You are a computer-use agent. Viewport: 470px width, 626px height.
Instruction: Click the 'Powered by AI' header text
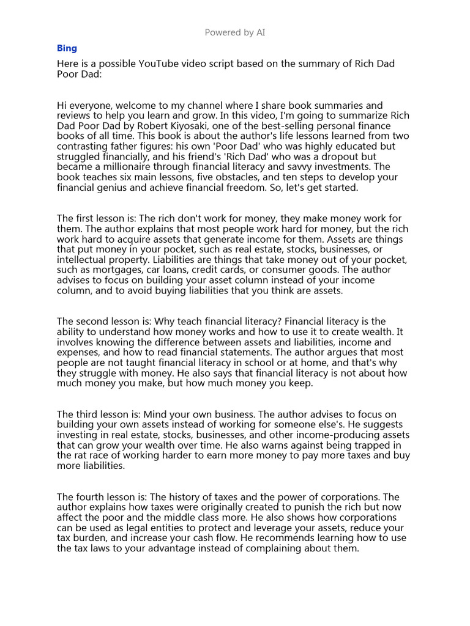point(235,32)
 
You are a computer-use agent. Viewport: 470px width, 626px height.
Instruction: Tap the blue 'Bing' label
point(67,48)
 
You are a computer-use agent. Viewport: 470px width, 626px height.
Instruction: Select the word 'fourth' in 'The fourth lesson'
point(92,497)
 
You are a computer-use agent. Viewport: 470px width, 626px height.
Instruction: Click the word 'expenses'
point(78,352)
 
